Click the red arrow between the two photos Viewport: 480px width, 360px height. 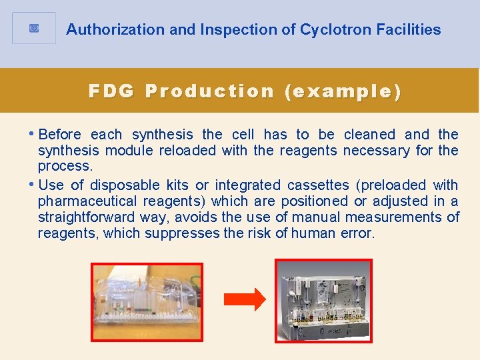click(244, 301)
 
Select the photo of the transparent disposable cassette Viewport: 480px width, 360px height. click(147, 301)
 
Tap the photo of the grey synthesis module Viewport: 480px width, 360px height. click(323, 300)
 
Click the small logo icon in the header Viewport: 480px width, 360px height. click(34, 29)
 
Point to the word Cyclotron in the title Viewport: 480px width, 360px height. click(332, 30)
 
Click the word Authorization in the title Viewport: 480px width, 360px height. click(105, 30)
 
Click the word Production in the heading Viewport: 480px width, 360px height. click(209, 91)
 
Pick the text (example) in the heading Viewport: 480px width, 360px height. click(343, 91)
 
